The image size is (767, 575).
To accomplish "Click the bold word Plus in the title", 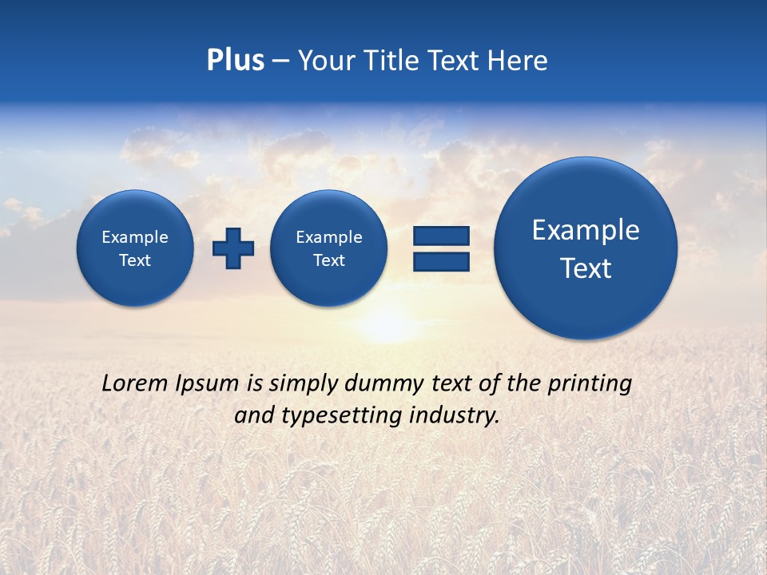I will click(x=235, y=61).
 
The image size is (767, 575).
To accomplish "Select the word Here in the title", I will click(x=518, y=61).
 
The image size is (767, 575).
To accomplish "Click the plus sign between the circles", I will click(x=233, y=248).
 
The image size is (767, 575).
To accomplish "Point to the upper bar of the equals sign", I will click(x=441, y=236).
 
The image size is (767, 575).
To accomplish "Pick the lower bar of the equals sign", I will click(x=441, y=261).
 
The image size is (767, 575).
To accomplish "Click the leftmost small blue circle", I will click(x=135, y=248).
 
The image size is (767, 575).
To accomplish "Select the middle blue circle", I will click(x=329, y=248).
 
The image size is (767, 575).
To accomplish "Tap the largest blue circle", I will click(x=586, y=248).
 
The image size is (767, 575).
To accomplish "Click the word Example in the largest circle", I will click(x=586, y=230).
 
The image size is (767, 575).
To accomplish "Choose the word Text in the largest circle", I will click(x=586, y=268).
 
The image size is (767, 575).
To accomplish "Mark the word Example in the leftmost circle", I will click(x=135, y=237).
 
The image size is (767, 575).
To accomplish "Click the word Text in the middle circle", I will click(x=329, y=260).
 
